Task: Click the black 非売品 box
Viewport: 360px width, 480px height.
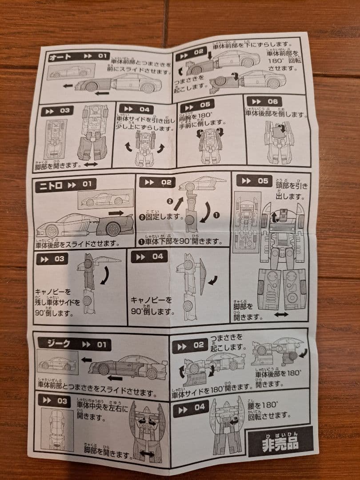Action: [x=280, y=443]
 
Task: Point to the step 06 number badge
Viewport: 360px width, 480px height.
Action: [x=265, y=102]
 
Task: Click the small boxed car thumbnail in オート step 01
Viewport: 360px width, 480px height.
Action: [x=71, y=72]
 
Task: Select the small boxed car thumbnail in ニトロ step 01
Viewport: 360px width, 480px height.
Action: [x=104, y=200]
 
